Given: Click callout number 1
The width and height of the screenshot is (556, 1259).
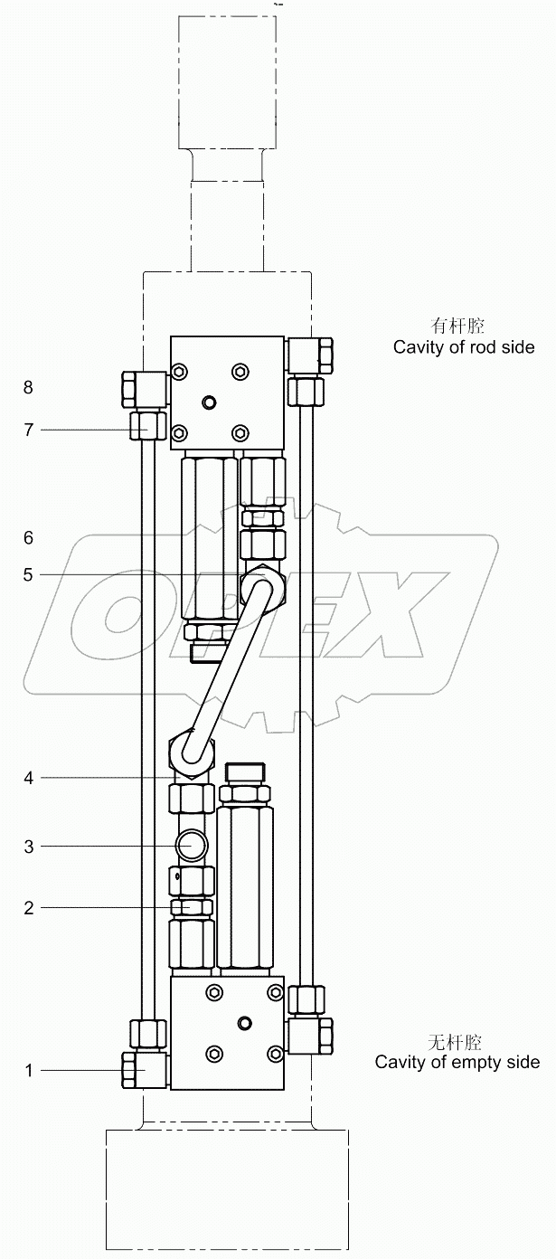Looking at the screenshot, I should click(x=29, y=1071).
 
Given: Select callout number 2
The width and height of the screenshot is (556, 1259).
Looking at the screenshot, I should click(x=29, y=907).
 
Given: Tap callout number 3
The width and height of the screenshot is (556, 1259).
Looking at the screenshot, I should click(x=29, y=847).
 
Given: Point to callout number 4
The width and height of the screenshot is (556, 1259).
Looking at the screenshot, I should click(x=29, y=778).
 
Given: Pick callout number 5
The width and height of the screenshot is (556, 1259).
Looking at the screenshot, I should click(x=29, y=574).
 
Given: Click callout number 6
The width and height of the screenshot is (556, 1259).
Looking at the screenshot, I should click(x=29, y=538).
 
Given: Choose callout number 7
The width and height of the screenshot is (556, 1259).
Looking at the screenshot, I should click(x=29, y=430).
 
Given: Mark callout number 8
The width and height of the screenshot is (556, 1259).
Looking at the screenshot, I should click(x=29, y=387).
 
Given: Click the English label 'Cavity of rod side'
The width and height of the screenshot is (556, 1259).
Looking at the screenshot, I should click(x=464, y=347).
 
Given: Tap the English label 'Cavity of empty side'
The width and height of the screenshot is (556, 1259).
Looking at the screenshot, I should click(x=457, y=1062).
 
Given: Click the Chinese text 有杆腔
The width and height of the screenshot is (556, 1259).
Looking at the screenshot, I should click(x=458, y=326).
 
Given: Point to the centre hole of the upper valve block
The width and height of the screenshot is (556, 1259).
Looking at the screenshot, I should click(x=210, y=402).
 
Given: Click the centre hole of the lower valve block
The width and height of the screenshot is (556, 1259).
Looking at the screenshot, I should click(x=243, y=1023).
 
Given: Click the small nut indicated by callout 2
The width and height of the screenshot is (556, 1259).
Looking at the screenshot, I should click(x=192, y=907).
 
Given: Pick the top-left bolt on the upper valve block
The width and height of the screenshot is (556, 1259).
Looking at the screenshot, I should click(x=180, y=372).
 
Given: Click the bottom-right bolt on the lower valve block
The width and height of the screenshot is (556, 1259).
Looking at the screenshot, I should click(x=273, y=1054).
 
